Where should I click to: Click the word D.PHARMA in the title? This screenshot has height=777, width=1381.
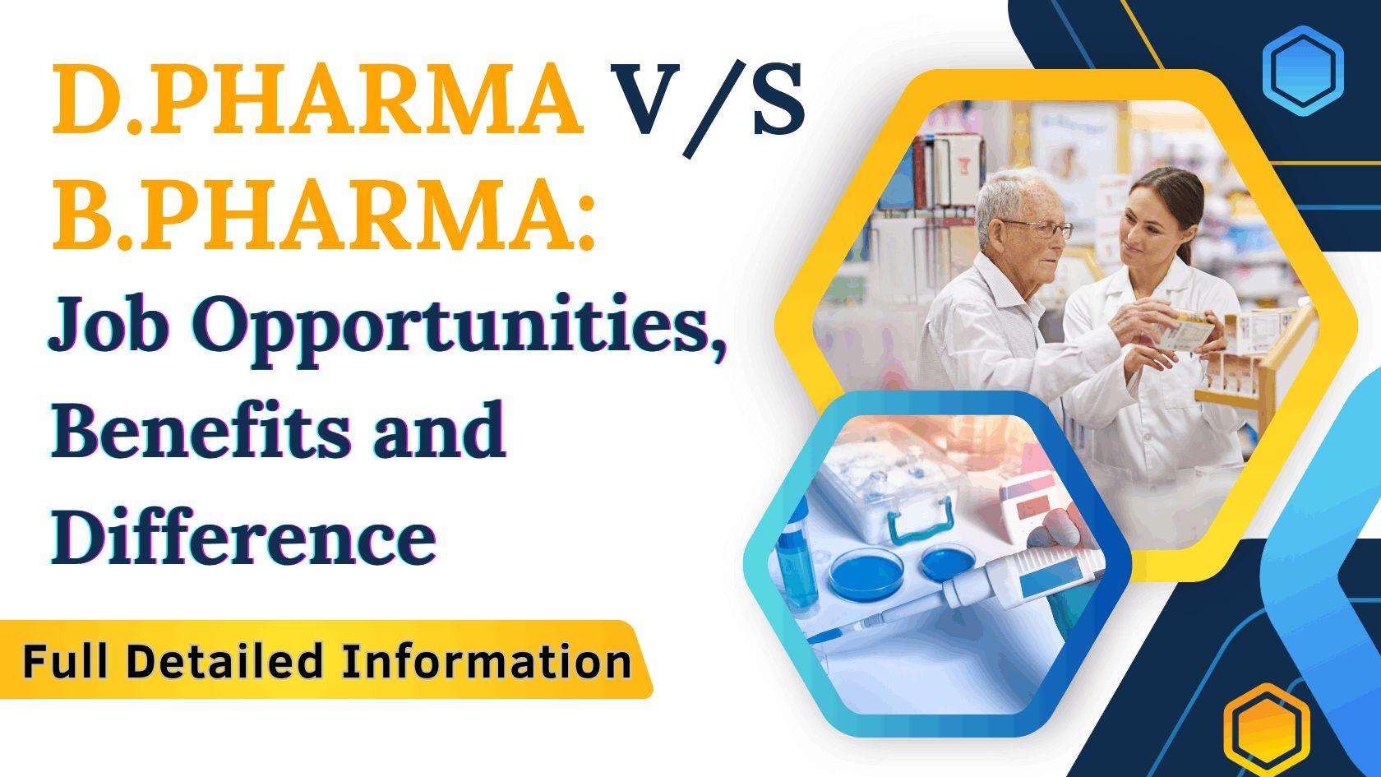tap(316, 100)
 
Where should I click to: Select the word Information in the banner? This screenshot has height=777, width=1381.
tap(487, 661)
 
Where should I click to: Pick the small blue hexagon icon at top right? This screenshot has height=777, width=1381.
tap(1302, 67)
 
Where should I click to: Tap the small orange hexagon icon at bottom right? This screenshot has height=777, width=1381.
tap(1265, 728)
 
